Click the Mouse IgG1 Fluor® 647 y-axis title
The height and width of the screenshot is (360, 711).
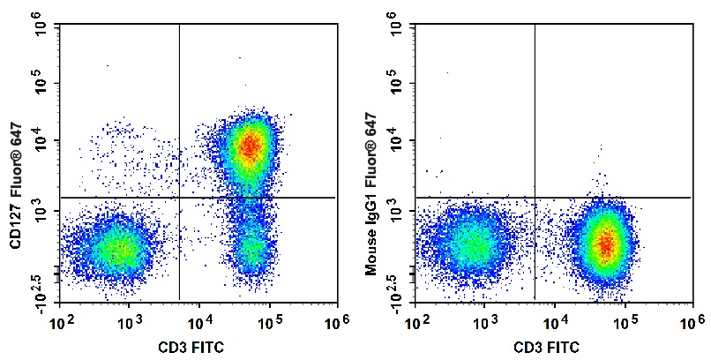coord(370,194)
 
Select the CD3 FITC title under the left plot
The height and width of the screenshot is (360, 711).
coord(191,348)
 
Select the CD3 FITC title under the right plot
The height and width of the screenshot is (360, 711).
coord(546,348)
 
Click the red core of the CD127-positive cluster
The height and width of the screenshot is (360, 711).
coord(251,146)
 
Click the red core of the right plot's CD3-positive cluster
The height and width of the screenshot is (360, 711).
coord(606,244)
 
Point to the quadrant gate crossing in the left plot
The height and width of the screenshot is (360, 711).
coord(180,198)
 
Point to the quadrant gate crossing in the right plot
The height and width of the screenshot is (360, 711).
coord(535,198)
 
